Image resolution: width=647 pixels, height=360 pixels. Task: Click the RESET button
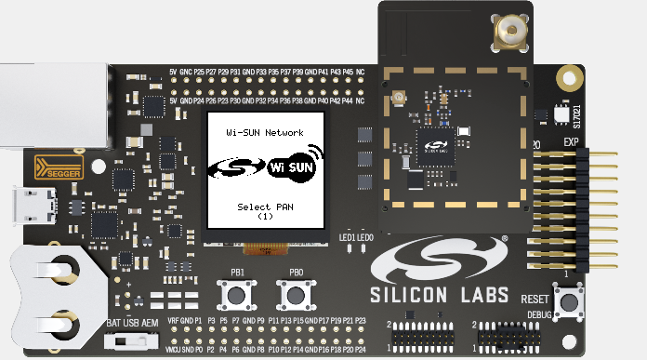(568, 302)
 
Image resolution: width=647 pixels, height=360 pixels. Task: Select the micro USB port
(21, 206)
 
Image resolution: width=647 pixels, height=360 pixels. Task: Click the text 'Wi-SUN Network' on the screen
(265, 134)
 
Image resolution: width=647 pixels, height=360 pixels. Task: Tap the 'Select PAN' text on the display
(265, 206)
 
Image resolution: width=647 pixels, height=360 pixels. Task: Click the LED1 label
(347, 238)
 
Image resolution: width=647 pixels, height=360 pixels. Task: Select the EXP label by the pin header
(572, 142)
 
